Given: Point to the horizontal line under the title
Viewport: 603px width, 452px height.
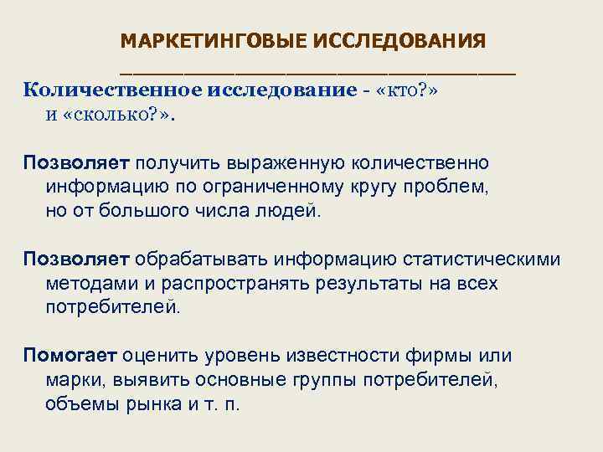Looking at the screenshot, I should [x=317, y=74].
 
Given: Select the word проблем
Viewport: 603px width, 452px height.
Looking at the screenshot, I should [x=449, y=186].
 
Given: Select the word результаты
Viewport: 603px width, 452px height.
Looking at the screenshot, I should [x=374, y=283].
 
